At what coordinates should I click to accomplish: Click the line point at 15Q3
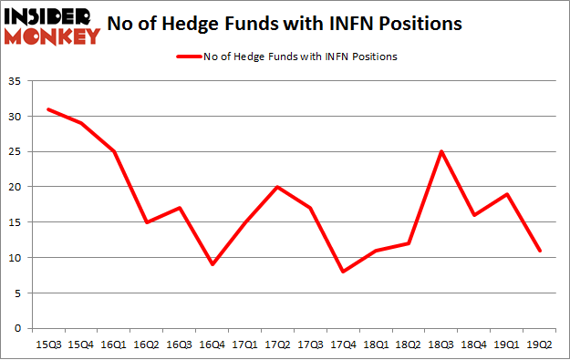click(x=47, y=109)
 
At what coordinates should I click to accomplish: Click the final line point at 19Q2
click(x=540, y=251)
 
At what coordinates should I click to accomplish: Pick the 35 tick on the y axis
click(x=16, y=81)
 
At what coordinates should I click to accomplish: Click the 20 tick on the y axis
click(x=16, y=187)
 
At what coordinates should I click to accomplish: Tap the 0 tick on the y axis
click(x=18, y=328)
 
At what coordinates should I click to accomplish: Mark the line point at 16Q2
click(x=146, y=222)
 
